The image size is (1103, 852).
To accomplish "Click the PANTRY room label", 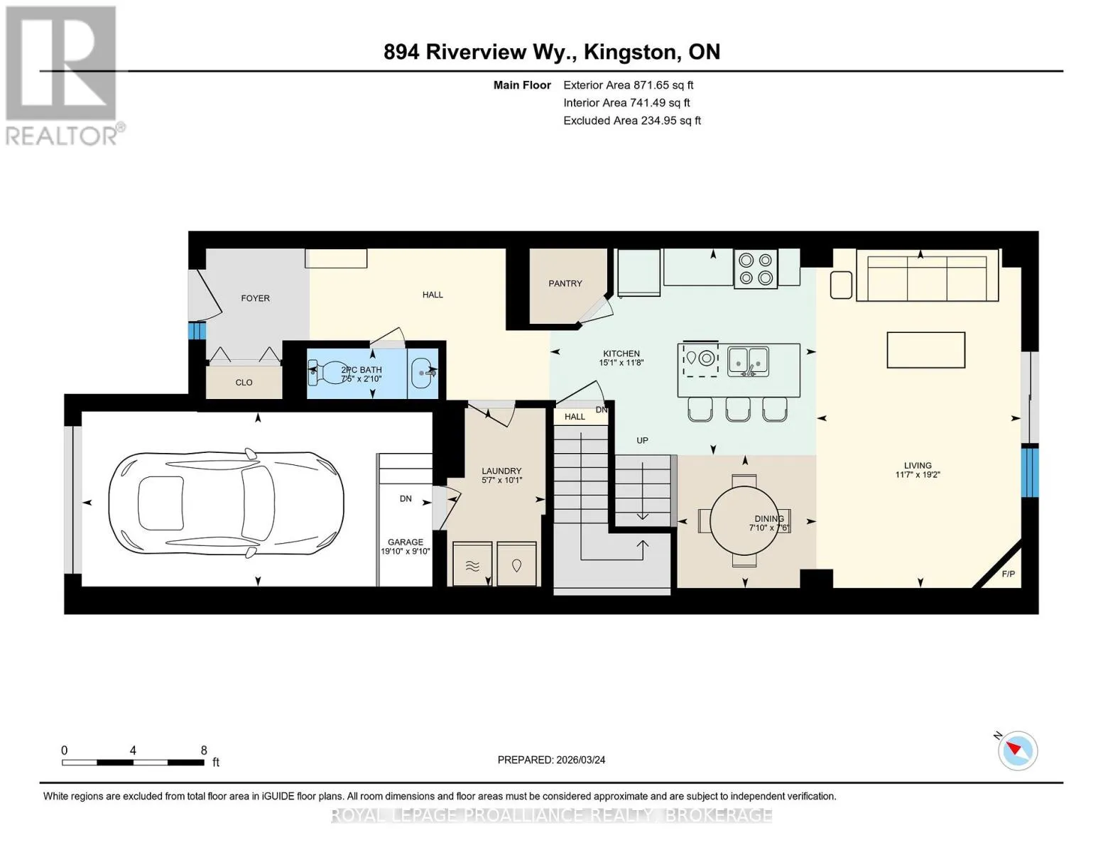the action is pos(565,283).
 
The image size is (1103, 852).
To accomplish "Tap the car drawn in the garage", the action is pos(226,503).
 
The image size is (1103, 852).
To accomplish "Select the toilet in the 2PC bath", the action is pos(328,373).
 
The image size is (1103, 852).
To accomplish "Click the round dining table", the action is pos(744,520).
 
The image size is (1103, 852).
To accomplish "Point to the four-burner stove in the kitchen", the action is pos(755,269).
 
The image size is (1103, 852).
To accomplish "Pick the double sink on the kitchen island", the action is pos(748,361).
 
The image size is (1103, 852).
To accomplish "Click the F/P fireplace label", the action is pos(1008,574).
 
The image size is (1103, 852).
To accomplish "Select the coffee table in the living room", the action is pos(926,349).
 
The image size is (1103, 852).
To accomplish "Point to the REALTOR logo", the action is pos(62,76).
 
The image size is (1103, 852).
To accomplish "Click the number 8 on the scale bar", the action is pos(204,750).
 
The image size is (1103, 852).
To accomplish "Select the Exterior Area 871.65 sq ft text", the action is pos(628,85).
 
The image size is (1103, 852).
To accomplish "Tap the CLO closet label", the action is pos(244,382).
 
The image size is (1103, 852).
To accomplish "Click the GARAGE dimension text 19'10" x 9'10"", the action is pos(405,551).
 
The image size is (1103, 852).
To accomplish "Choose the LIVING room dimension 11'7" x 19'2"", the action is pos(917,475).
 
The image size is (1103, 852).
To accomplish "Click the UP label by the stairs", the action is pos(642,440).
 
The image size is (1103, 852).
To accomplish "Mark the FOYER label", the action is pos(255,298).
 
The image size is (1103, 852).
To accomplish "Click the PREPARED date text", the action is pos(551,760).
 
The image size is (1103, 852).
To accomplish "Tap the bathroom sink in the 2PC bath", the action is pos(423,373).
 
